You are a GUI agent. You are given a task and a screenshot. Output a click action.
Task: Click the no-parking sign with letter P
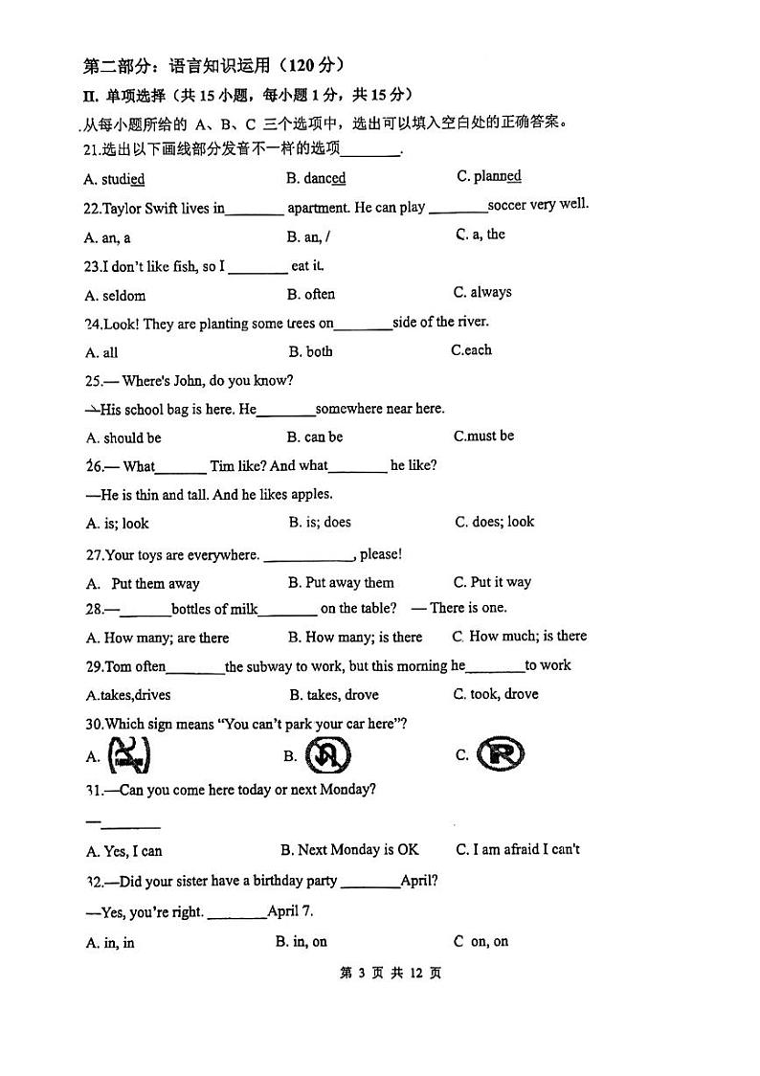502,754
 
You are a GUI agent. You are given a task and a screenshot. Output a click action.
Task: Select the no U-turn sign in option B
327,756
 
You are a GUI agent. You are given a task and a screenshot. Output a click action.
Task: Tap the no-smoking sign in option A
128,756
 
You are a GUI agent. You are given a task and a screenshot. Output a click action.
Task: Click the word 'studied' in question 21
123,179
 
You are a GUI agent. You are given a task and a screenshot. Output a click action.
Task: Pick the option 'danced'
324,178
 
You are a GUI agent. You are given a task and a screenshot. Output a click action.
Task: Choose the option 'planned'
497,176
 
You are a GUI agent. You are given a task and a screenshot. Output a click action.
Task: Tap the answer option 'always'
490,292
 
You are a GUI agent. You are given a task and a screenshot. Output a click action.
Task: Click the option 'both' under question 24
320,351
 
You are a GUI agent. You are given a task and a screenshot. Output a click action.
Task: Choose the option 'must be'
490,436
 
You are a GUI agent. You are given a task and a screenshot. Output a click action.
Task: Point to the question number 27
94,554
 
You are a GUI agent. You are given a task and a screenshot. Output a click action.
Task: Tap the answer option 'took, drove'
503,694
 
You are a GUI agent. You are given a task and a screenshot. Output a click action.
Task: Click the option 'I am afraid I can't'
525,849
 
